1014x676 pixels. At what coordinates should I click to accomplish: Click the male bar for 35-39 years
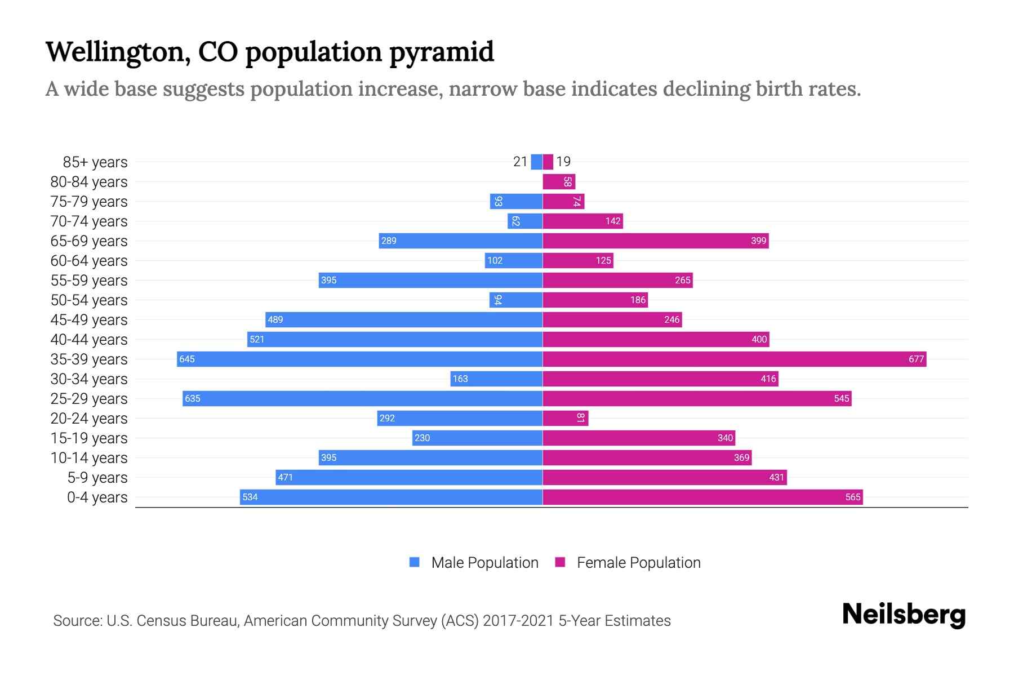pos(359,359)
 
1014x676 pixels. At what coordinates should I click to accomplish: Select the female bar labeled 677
pos(734,359)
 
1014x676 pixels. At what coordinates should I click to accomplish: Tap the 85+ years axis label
pos(95,162)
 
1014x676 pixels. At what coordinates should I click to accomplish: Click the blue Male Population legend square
pos(415,562)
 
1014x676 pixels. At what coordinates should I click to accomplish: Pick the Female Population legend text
pos(638,563)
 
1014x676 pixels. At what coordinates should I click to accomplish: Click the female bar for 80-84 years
pos(558,182)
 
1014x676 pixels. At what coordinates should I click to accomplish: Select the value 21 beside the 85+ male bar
pos(520,162)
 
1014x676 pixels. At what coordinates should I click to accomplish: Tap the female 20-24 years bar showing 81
pos(565,418)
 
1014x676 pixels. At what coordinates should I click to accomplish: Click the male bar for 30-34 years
pos(496,379)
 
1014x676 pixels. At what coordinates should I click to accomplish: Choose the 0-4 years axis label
pos(97,497)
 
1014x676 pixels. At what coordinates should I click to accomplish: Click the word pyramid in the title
pos(441,52)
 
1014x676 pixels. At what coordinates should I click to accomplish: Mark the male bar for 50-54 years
pos(515,300)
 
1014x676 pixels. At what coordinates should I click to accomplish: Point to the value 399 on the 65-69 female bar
pos(758,241)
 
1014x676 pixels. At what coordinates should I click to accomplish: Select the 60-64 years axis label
pos(89,261)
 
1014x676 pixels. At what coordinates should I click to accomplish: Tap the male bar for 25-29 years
pos(362,398)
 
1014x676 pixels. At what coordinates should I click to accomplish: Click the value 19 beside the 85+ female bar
pos(563,162)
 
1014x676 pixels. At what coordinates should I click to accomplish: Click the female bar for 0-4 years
pos(702,497)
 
